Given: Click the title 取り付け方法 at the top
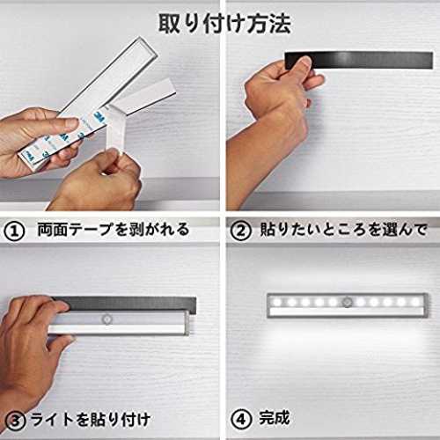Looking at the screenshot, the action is pyautogui.click(x=224, y=24).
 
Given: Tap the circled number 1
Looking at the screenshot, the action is pyautogui.click(x=14, y=231).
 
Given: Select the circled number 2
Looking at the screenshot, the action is pyautogui.click(x=240, y=231).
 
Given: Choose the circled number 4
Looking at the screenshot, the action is pyautogui.click(x=241, y=420).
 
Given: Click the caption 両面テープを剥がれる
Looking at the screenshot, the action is pyautogui.click(x=114, y=230).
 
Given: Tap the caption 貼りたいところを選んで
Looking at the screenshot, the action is pyautogui.click(x=343, y=230).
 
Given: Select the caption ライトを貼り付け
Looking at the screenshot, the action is pyautogui.click(x=91, y=420).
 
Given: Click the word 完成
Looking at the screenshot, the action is pyautogui.click(x=275, y=418).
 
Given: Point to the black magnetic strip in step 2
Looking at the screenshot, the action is pyautogui.click(x=359, y=60).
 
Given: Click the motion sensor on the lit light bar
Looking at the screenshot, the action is pyautogui.click(x=347, y=302).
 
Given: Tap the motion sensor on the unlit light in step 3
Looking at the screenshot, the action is pyautogui.click(x=106, y=319).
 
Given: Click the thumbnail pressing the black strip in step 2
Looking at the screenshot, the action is pyautogui.click(x=304, y=62).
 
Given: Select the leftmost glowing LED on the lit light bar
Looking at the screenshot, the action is pyautogui.click(x=277, y=302).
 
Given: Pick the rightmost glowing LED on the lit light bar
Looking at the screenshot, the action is pyautogui.click(x=415, y=302).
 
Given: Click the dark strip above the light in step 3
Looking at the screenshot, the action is pyautogui.click(x=126, y=304).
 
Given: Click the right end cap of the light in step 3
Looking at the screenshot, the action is pyautogui.click(x=187, y=323).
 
